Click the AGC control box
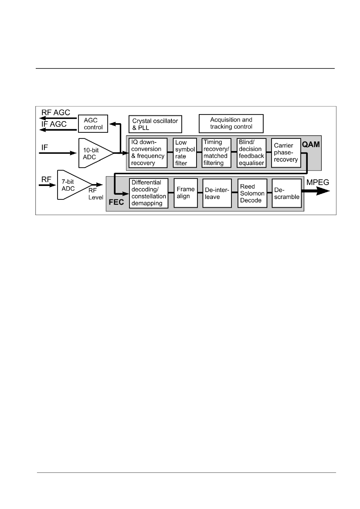93,124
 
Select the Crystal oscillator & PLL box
155,124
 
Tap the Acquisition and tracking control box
231,123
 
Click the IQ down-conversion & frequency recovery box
148,152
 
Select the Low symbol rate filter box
185,152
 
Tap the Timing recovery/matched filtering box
216,152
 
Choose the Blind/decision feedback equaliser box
251,152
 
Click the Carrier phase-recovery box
286,152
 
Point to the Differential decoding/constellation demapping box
149,193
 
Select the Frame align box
186,193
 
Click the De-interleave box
217,193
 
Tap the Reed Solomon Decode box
252,193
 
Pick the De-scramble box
287,193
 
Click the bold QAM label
311,145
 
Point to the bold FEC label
116,202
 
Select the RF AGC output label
55,113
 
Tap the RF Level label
95,194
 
